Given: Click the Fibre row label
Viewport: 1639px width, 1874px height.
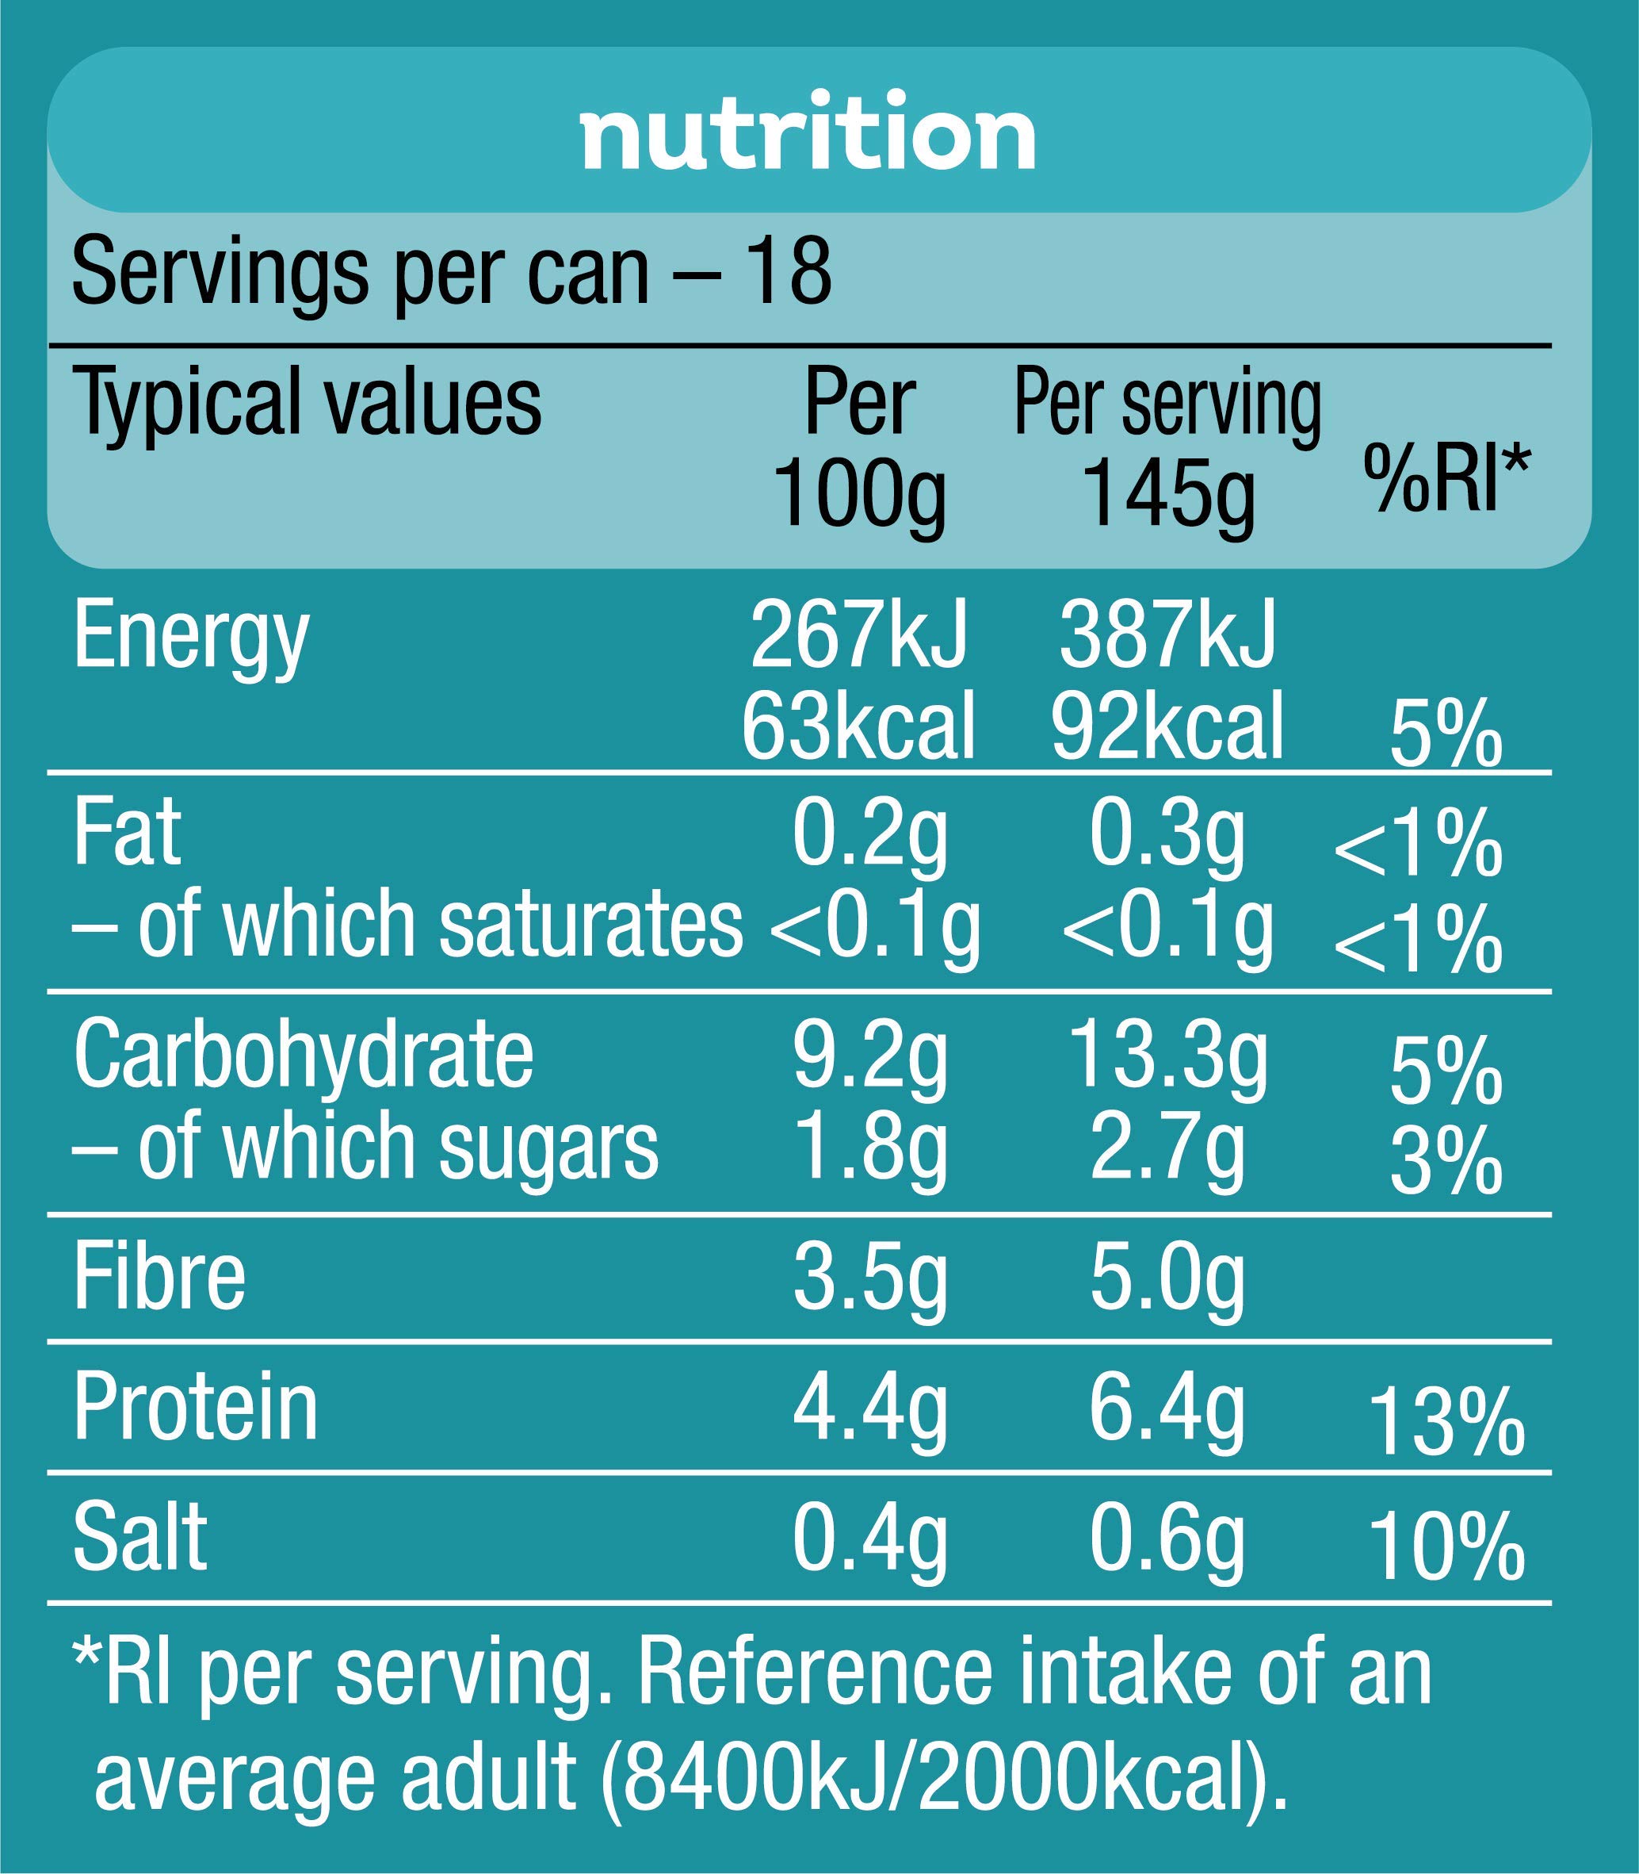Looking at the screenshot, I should [159, 1278].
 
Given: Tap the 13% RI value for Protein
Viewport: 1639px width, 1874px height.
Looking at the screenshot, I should [1447, 1422].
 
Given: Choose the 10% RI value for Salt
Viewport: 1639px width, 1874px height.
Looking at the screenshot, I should [1447, 1548].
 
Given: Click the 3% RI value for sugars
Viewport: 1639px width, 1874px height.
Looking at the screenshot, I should [1445, 1160].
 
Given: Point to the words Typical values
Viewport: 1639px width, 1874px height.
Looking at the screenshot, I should [308, 403].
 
